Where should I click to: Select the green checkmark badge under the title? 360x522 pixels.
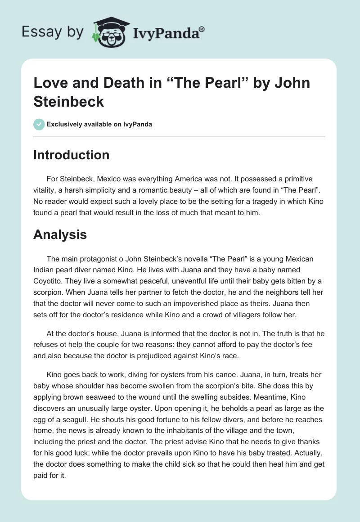click(39, 124)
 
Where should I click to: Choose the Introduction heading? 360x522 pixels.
click(71, 155)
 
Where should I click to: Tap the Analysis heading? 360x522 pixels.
click(60, 234)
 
